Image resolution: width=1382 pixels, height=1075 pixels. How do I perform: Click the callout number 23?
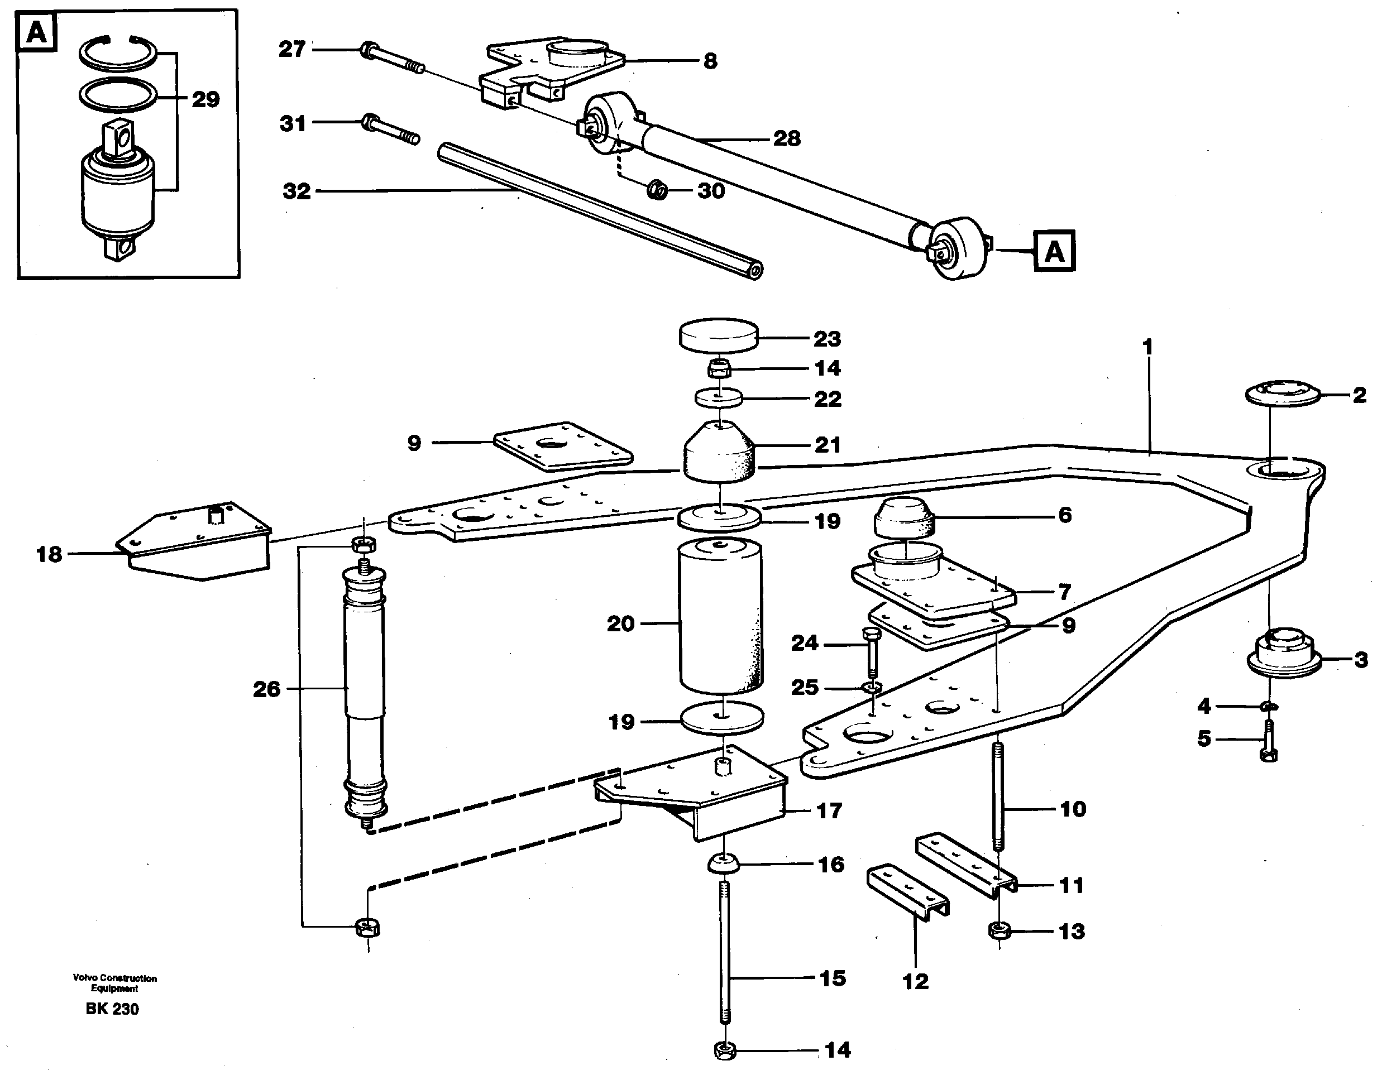click(x=826, y=339)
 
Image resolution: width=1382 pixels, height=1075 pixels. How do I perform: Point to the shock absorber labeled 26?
click(x=364, y=689)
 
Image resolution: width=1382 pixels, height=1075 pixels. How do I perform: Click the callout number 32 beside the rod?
click(x=297, y=191)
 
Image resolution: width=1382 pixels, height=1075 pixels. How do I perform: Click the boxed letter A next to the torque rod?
click(x=1054, y=251)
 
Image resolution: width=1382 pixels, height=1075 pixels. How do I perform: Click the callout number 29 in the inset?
click(x=205, y=99)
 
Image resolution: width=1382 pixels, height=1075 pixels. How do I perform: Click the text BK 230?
click(x=112, y=1009)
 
